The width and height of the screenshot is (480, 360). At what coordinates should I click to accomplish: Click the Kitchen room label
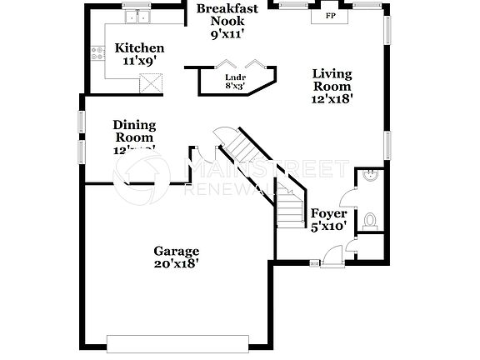(x=139, y=47)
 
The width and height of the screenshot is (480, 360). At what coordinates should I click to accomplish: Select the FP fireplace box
(x=331, y=16)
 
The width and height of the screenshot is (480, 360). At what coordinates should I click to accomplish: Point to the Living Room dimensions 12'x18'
(x=332, y=97)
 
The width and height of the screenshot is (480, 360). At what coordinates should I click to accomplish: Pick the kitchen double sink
(x=135, y=17)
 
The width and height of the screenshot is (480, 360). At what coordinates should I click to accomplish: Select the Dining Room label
(x=134, y=132)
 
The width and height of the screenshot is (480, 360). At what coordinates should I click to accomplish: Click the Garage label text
(x=176, y=251)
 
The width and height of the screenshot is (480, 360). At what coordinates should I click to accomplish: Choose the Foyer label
(x=328, y=213)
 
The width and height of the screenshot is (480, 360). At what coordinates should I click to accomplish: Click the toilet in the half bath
(x=371, y=220)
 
